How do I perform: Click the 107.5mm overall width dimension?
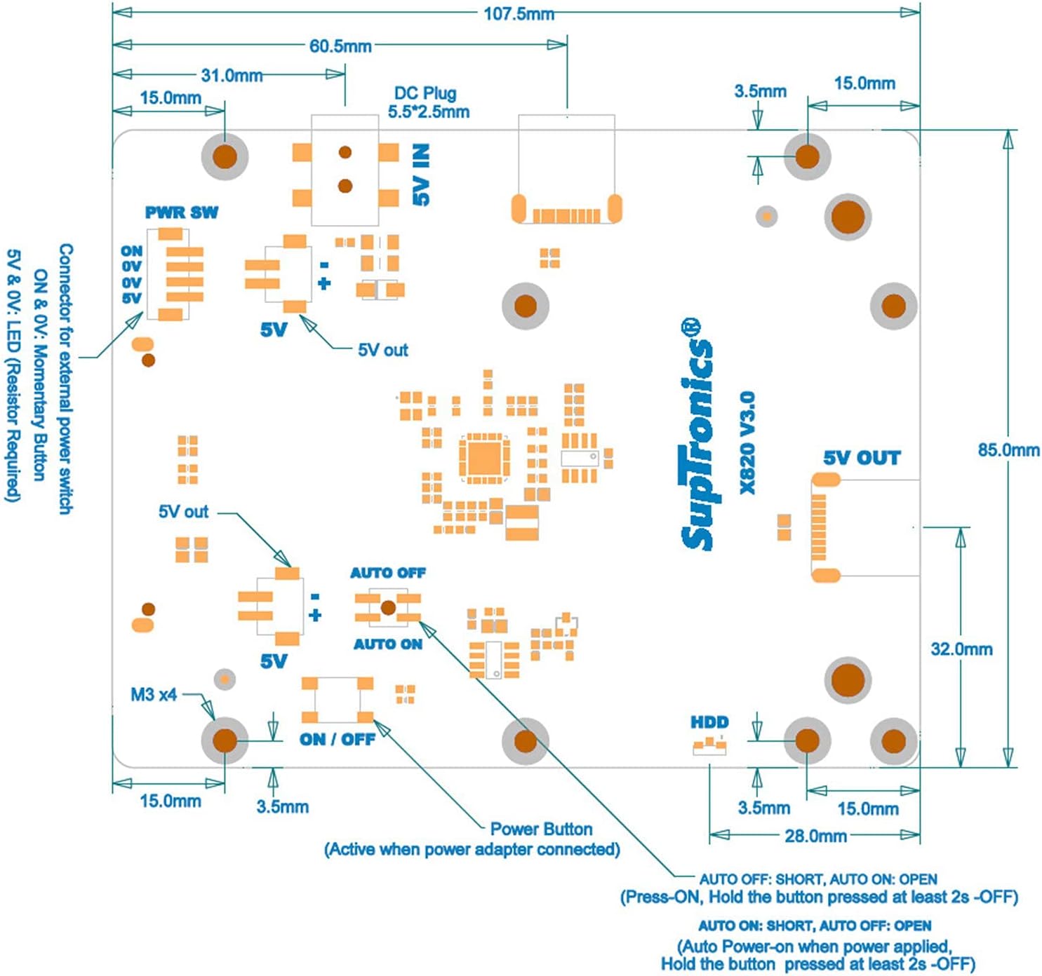pyautogui.click(x=519, y=13)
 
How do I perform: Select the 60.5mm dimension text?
pyautogui.click(x=340, y=46)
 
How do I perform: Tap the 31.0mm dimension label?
pyautogui.click(x=232, y=76)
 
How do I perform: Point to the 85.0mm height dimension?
pyautogui.click(x=1008, y=450)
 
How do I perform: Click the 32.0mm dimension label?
pyautogui.click(x=962, y=649)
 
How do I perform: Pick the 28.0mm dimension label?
pyautogui.click(x=816, y=836)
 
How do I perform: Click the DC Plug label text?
pyautogui.click(x=425, y=93)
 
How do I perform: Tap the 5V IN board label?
pyautogui.click(x=421, y=175)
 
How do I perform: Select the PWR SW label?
pyautogui.click(x=181, y=213)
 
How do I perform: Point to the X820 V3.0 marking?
pyautogui.click(x=747, y=442)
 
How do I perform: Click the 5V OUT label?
pyautogui.click(x=862, y=458)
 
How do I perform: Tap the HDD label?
pyautogui.click(x=709, y=722)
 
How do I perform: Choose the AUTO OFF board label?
pyautogui.click(x=388, y=573)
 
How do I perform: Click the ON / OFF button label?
pyautogui.click(x=338, y=740)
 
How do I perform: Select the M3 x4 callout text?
pyautogui.click(x=154, y=695)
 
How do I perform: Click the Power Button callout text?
pyautogui.click(x=541, y=829)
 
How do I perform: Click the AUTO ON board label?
pyautogui.click(x=388, y=644)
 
